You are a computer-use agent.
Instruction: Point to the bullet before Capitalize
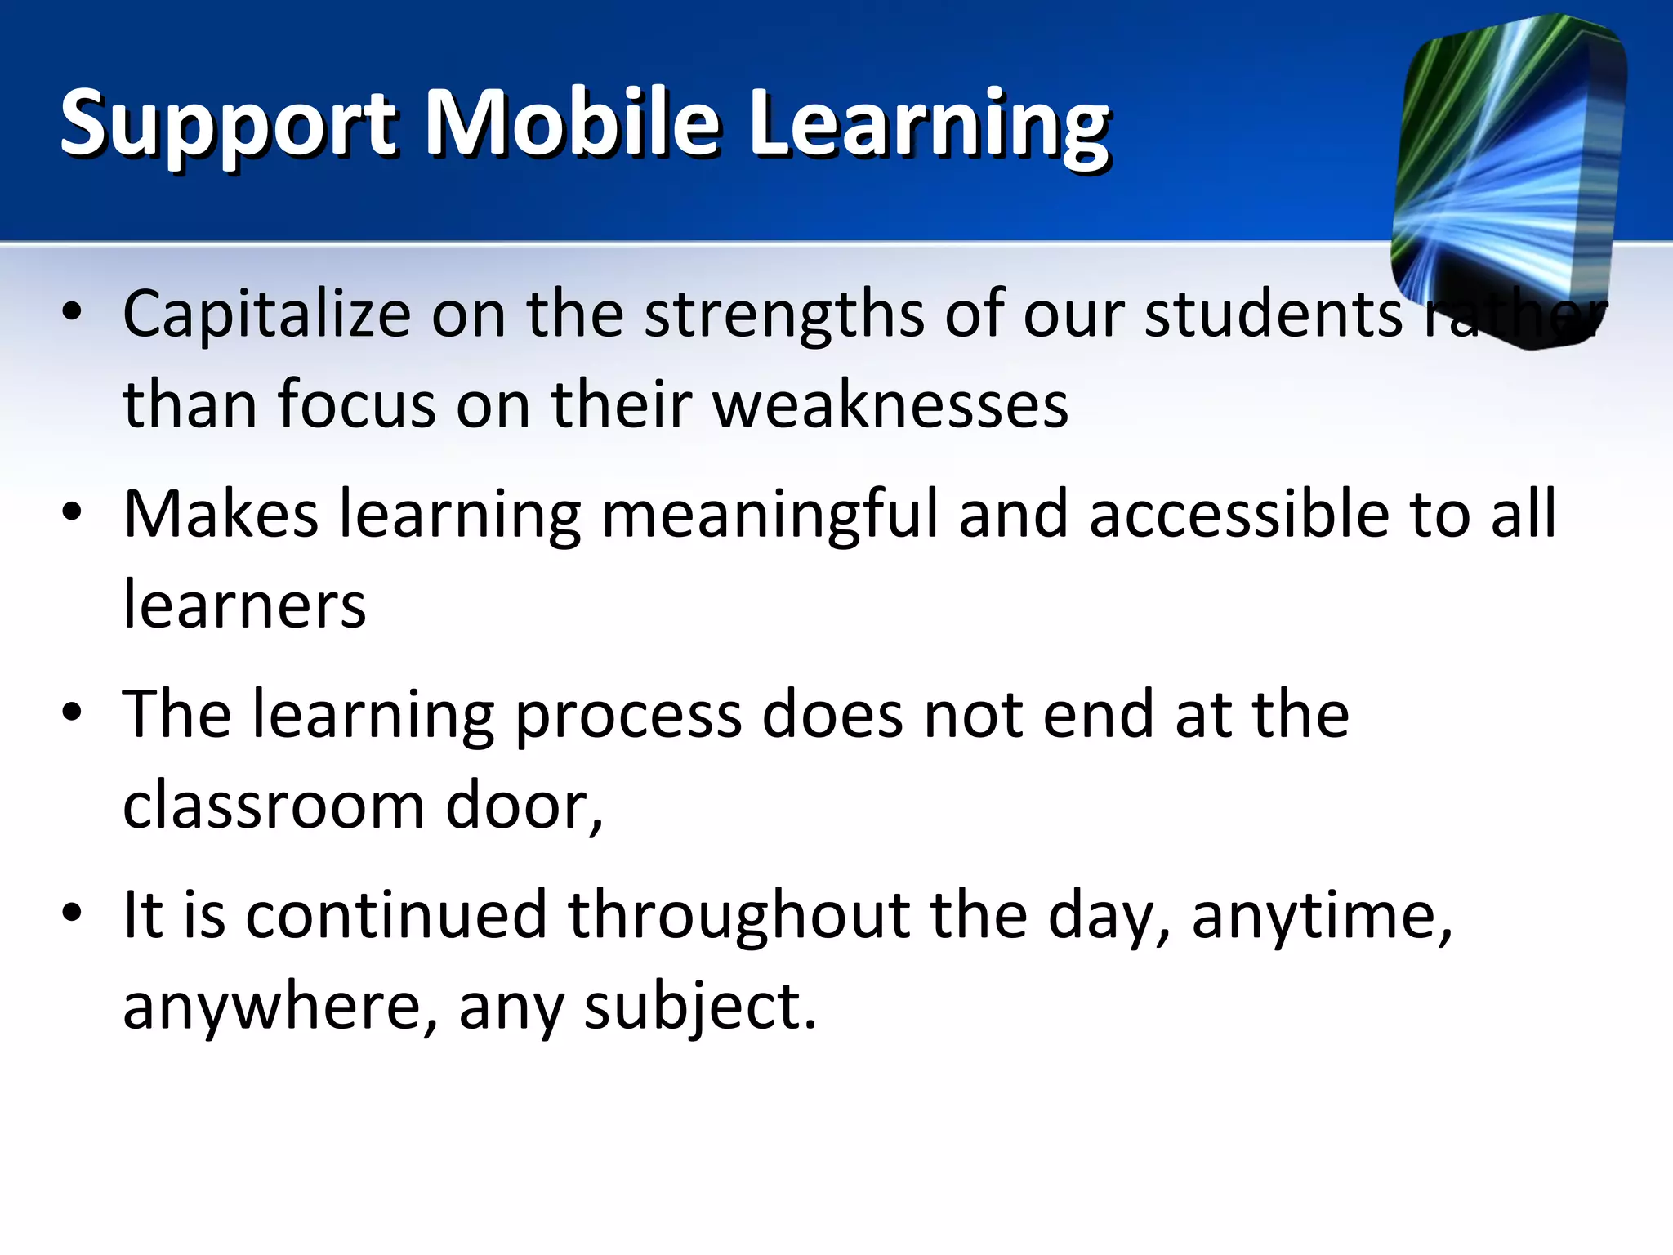[72, 312]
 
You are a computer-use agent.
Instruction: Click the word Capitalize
[266, 315]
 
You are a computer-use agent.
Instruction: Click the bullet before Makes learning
[72, 512]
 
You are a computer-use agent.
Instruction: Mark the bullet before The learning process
[72, 712]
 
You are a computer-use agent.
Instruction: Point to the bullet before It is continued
[72, 913]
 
